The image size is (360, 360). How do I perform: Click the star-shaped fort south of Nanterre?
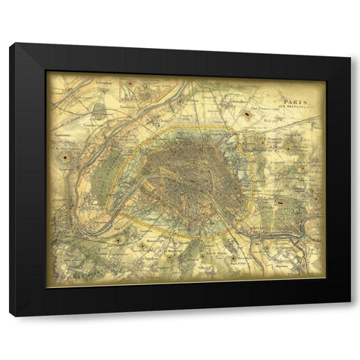(66, 159)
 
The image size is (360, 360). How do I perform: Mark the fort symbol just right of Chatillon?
(169, 256)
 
